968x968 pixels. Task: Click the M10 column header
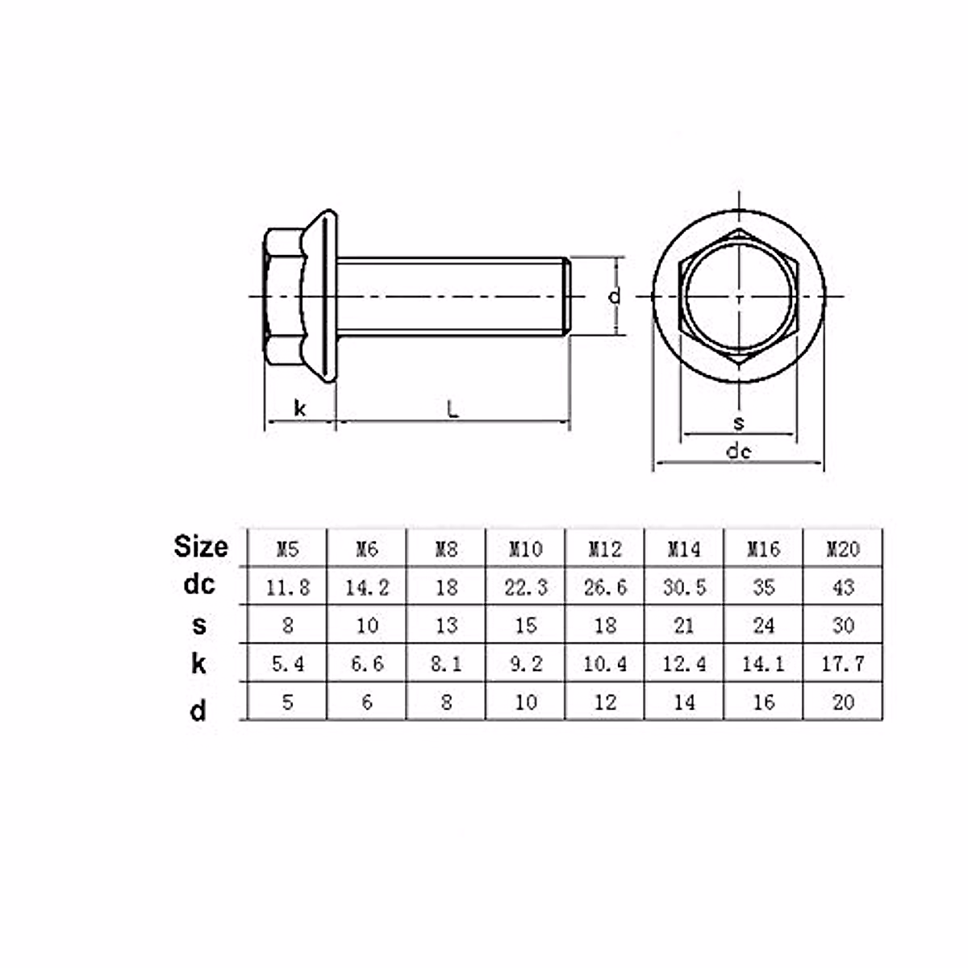click(525, 549)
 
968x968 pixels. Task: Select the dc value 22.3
click(525, 587)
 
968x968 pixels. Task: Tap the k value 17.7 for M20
click(843, 664)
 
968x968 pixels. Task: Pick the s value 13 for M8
click(446, 625)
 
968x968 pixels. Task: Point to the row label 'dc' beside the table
click(198, 584)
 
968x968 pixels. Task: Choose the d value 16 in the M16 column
click(763, 702)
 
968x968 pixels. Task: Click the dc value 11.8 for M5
click(287, 587)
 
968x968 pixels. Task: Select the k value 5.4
click(287, 664)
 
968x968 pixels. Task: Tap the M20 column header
click(843, 549)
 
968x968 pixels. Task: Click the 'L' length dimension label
click(453, 409)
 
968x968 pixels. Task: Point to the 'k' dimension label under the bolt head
click(300, 409)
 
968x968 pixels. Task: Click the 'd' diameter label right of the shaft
click(615, 296)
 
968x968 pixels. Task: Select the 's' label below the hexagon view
click(738, 423)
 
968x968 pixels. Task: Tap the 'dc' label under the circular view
click(738, 451)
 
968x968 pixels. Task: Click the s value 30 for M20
click(843, 625)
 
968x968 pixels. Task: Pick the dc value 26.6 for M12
click(605, 587)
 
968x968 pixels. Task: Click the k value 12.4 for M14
click(684, 664)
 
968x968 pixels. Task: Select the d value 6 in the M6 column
click(367, 702)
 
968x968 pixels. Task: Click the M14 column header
click(684, 549)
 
